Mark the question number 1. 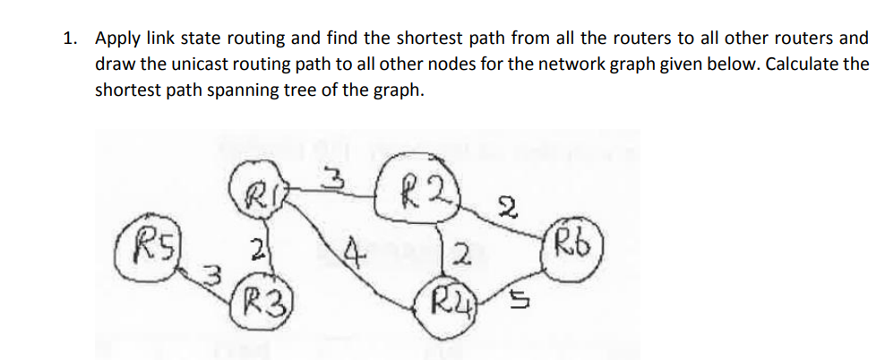[68, 39]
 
